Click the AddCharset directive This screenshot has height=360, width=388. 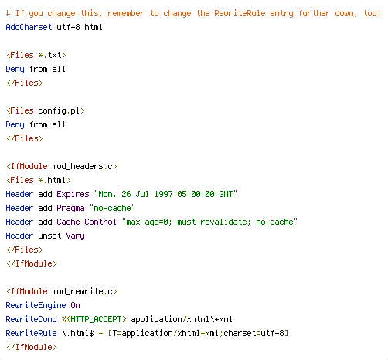(29, 27)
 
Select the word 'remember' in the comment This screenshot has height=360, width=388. (126, 13)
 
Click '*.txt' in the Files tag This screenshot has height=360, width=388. (50, 55)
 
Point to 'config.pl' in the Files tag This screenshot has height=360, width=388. (59, 111)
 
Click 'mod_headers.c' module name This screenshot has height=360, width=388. (83, 167)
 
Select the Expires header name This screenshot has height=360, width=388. (73, 194)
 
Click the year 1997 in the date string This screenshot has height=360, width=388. (163, 194)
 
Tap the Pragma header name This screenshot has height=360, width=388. (70, 209)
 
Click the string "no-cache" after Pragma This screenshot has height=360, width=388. (112, 208)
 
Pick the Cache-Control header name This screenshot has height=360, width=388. (87, 222)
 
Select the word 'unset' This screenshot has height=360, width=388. (49, 236)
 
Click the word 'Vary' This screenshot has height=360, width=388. (75, 236)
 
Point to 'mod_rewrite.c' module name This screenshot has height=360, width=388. (83, 292)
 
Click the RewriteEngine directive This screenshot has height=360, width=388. (36, 306)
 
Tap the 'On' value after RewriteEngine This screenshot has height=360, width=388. (75, 305)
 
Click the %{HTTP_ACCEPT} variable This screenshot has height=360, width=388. (94, 319)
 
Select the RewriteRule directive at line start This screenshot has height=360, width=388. (31, 333)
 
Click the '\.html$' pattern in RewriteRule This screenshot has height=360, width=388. (77, 333)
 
